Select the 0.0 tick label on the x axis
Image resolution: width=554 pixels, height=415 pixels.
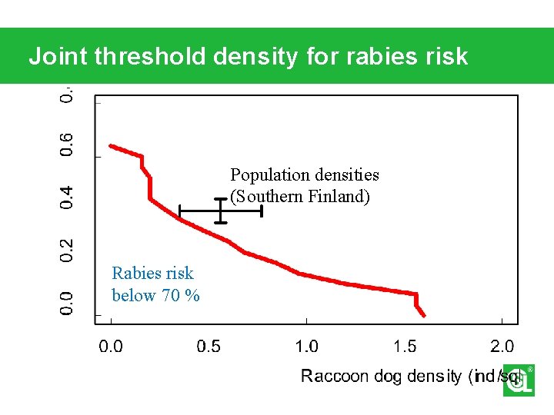pos(112,347)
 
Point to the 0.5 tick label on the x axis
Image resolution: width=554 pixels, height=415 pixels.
pos(209,347)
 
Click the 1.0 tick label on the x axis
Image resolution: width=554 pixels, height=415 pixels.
pos(306,347)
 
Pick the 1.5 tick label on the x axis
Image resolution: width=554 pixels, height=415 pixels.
pos(405,347)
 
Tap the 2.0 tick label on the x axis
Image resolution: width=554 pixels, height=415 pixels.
pos(502,347)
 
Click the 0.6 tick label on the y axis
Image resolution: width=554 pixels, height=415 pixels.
pos(68,145)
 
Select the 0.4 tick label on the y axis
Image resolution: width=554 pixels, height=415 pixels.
pos(68,197)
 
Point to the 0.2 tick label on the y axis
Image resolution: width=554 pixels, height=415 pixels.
pos(68,247)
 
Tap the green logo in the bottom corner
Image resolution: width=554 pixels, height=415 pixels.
pos(518,380)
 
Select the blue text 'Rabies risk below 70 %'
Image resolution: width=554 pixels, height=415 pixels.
pos(155,284)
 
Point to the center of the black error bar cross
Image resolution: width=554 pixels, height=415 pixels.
pos(220,211)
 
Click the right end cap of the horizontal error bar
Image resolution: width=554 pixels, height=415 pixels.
pos(262,211)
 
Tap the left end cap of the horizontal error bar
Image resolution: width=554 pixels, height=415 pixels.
pos(179,211)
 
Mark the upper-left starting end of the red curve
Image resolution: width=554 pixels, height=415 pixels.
pos(111,144)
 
